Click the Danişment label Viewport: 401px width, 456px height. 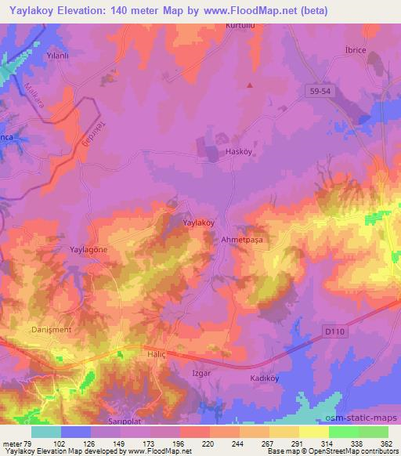point(52,329)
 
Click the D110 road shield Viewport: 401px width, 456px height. point(334,332)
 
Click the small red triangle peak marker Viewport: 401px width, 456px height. point(251,85)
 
